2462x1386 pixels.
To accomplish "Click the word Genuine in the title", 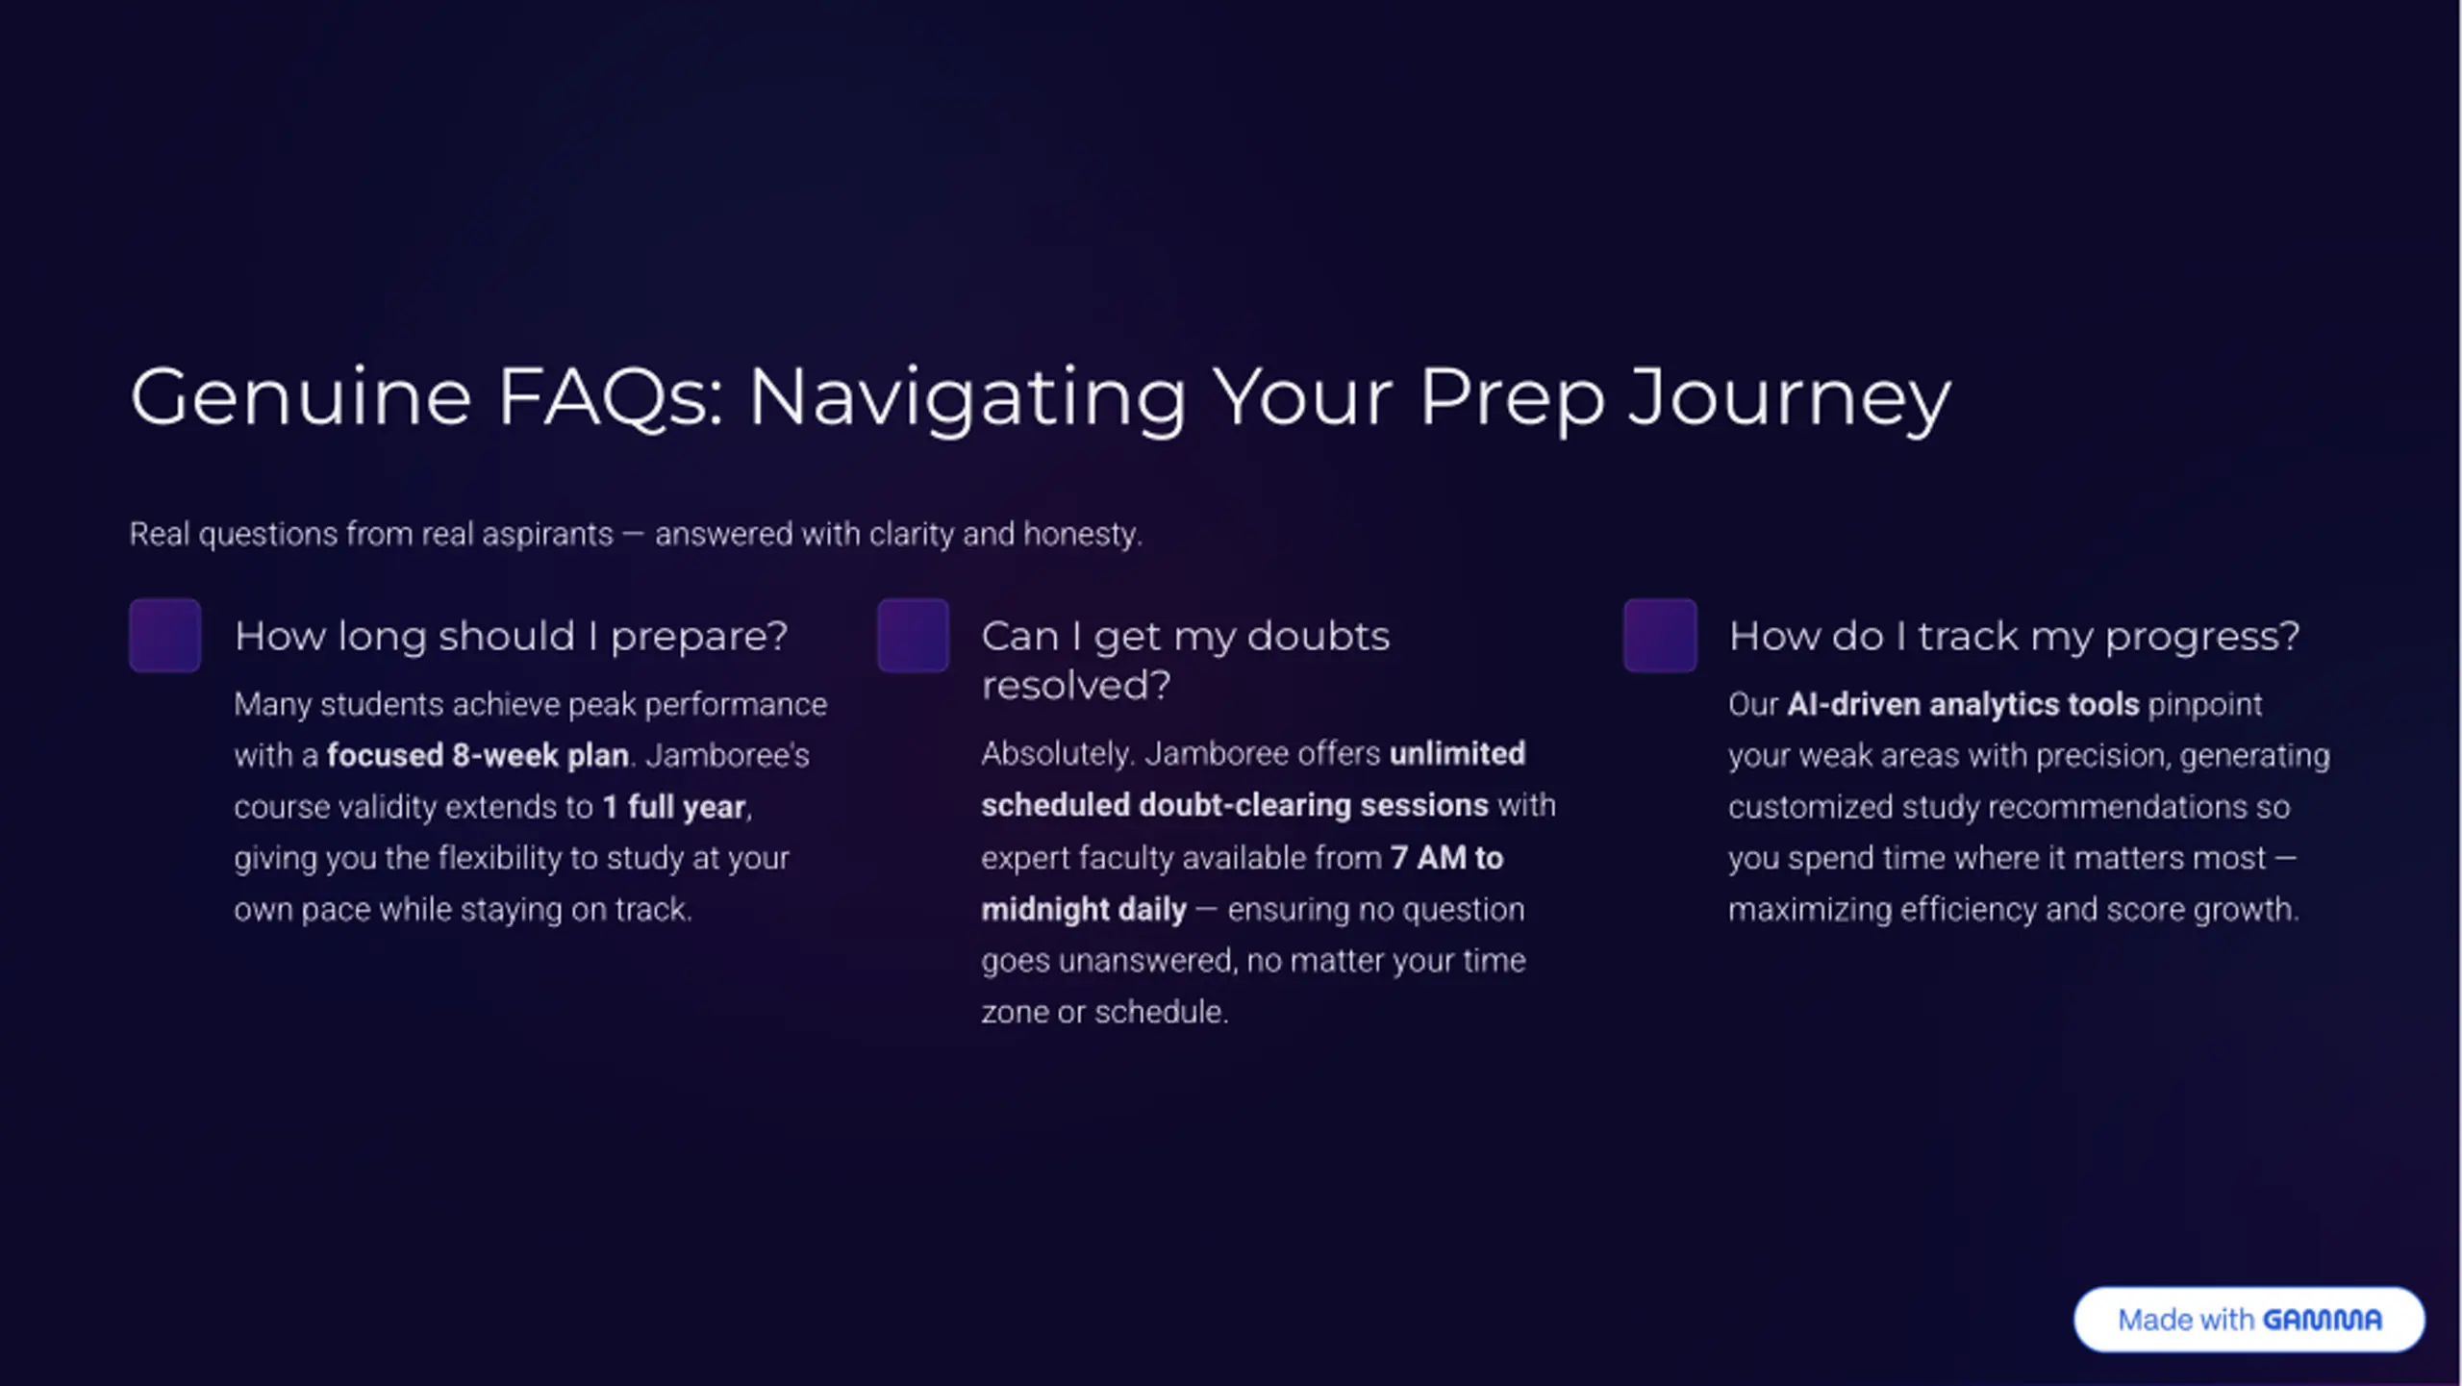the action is [301, 396].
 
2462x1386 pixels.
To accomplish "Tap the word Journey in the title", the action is [1790, 400].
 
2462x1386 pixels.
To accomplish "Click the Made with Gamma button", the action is [2248, 1320].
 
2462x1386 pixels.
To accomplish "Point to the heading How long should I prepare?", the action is [511, 637].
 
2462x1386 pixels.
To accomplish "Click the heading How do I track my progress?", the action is [2014, 637].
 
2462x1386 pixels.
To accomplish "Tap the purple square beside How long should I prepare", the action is [165, 635].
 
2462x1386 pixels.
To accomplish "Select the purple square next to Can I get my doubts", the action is [913, 635].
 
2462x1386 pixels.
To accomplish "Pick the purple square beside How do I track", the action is [1660, 635].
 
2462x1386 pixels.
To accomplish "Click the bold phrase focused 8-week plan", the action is [478, 755].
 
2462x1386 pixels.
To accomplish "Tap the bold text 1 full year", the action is [674, 806].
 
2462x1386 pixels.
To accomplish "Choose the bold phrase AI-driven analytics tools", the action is [1963, 704].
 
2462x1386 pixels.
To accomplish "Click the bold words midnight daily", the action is [1084, 909].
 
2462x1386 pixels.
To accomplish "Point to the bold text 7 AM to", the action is [1446, 857].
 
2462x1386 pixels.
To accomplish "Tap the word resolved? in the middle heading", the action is [1076, 686].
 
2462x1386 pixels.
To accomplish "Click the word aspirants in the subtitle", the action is [547, 534].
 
